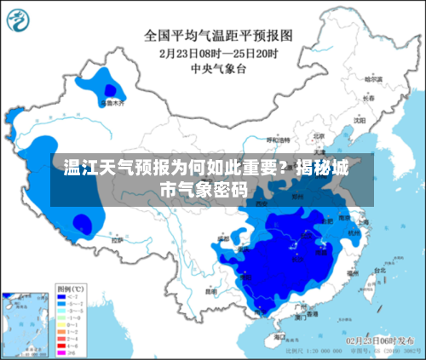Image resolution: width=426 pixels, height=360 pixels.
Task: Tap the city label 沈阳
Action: click(x=358, y=120)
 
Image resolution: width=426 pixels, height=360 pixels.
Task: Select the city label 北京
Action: click(x=319, y=135)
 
